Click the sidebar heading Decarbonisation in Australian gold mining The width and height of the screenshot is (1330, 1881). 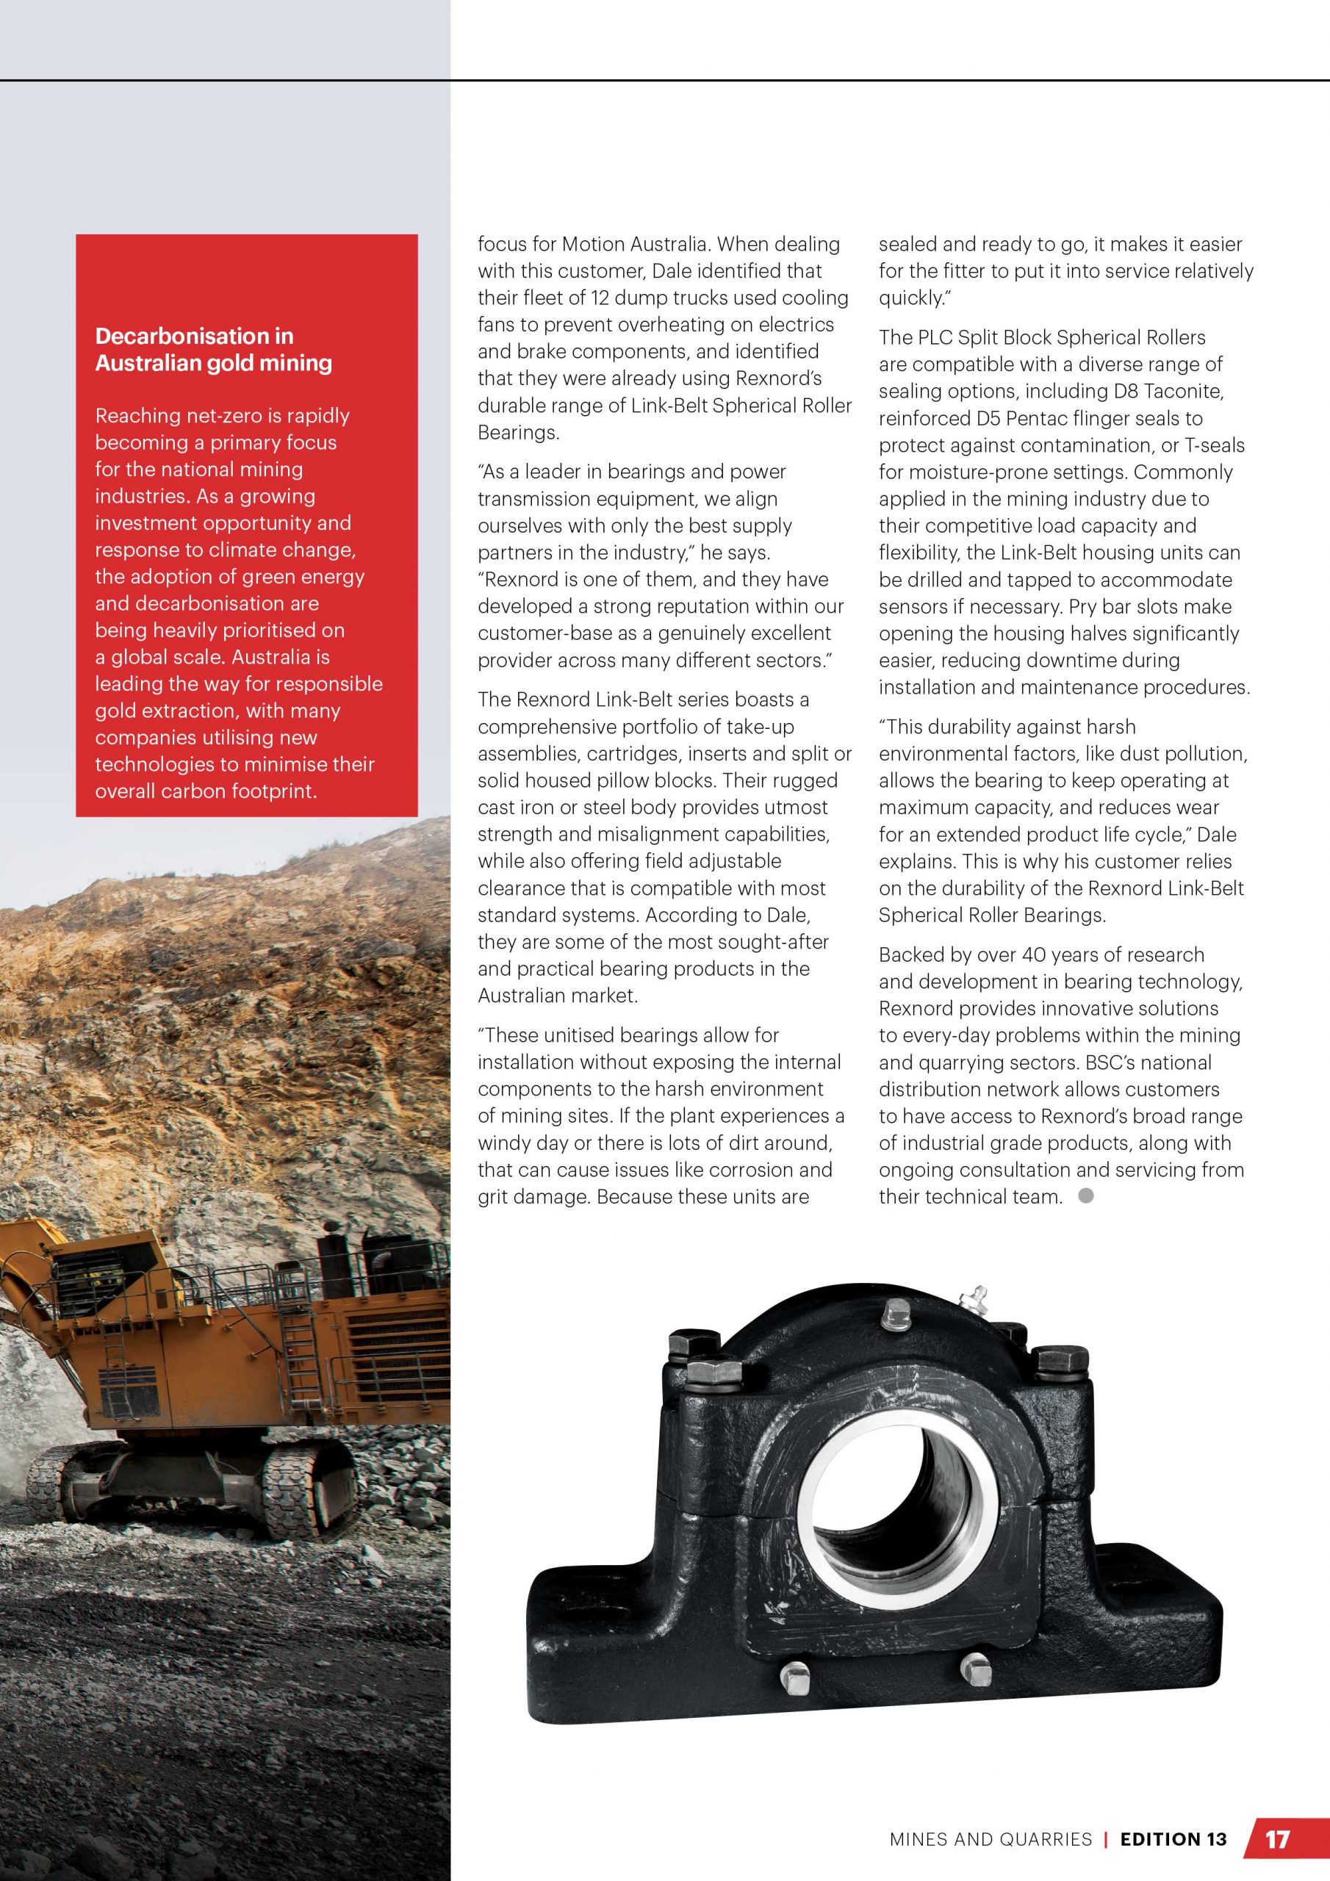pyautogui.click(x=214, y=349)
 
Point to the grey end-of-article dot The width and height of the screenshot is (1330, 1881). pyautogui.click(x=1086, y=1196)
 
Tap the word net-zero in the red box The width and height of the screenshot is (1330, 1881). pyautogui.click(x=241, y=415)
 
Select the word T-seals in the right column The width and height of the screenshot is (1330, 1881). pyautogui.click(x=1215, y=445)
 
